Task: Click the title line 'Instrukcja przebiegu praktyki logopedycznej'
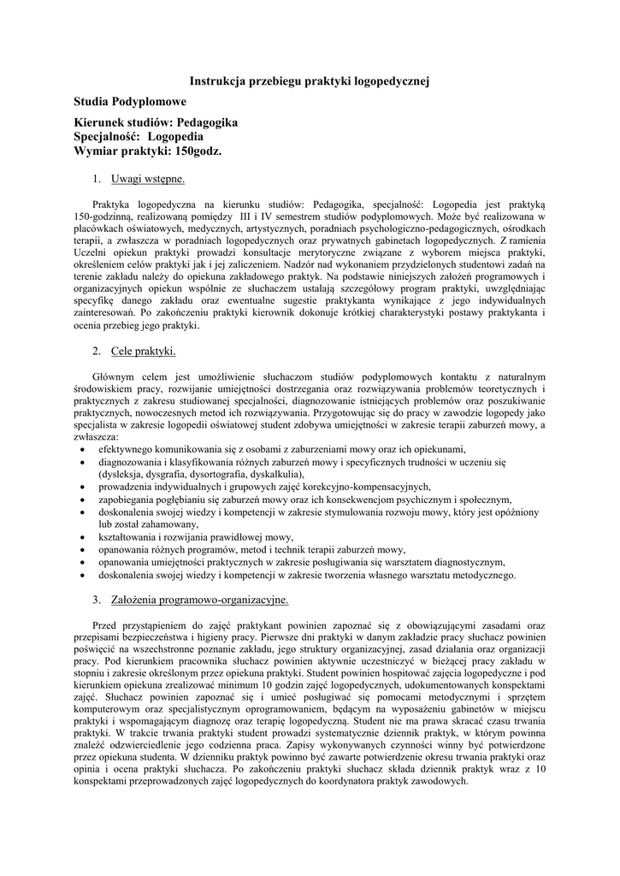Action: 309,80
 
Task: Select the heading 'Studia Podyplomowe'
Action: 130,102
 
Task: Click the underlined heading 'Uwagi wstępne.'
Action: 148,179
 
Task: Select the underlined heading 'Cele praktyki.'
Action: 143,351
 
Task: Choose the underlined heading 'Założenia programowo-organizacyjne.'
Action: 199,600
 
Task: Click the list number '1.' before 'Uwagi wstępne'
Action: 97,179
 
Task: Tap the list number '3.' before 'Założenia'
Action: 97,600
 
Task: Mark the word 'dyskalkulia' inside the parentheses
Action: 275,474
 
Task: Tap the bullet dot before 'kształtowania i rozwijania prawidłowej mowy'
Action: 80,537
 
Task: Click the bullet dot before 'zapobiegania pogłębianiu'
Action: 80,500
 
